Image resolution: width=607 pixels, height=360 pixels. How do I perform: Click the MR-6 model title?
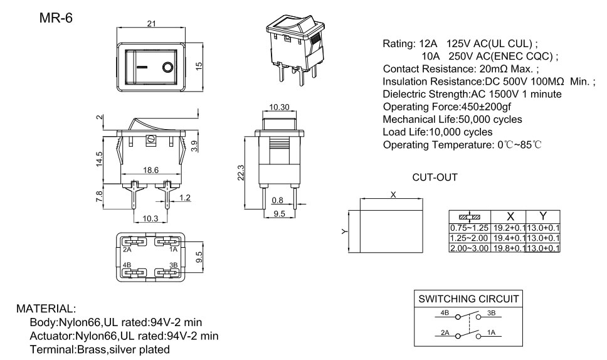(56, 18)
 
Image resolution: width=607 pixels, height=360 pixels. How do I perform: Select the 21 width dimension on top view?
(150, 24)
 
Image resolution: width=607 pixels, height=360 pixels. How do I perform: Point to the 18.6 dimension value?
(150, 170)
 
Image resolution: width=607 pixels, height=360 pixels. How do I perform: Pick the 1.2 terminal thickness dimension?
(185, 198)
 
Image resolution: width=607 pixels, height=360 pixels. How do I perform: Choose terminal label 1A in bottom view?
(173, 249)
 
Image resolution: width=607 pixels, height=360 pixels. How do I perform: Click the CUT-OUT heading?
(435, 178)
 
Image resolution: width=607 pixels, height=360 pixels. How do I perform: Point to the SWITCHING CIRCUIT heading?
(468, 299)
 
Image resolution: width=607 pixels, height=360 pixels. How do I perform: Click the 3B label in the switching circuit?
(491, 312)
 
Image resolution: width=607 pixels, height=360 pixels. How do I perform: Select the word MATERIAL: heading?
(46, 309)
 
